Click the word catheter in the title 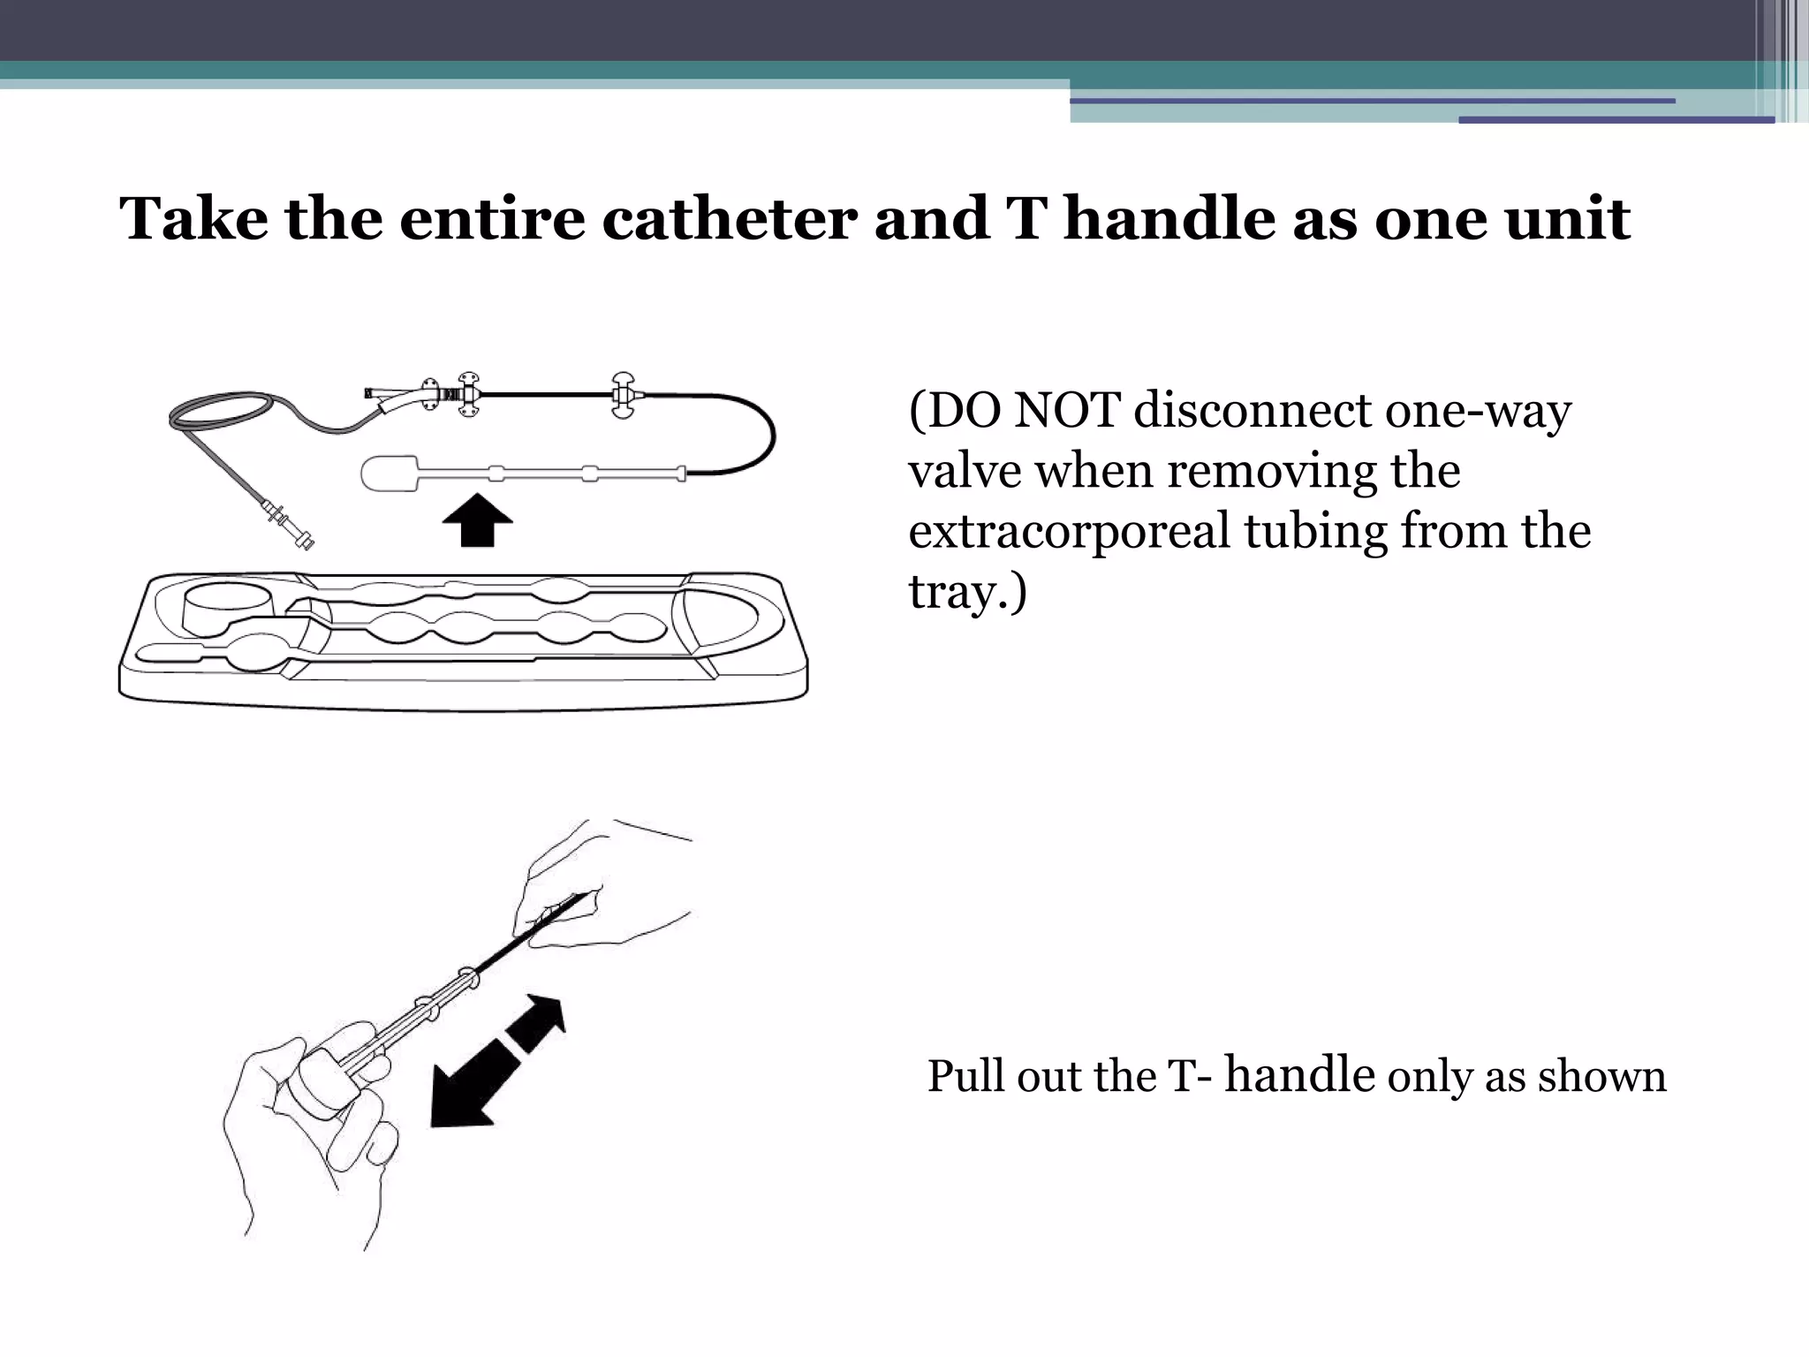(x=729, y=218)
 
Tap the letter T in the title (x=1026, y=218)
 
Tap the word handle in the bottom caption (x=1299, y=1075)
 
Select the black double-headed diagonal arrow (x=496, y=1060)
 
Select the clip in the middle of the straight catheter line (x=624, y=395)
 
